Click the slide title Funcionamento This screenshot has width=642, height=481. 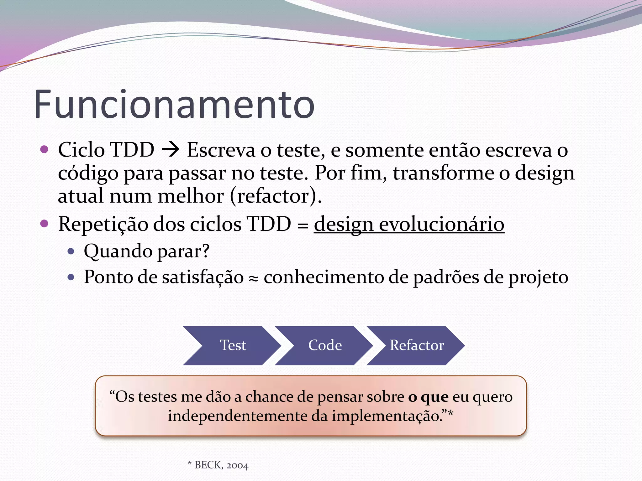(174, 105)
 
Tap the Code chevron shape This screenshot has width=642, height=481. (325, 345)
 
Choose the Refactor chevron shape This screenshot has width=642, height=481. (417, 345)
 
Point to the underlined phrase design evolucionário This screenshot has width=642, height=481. (409, 224)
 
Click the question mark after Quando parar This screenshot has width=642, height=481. (206, 251)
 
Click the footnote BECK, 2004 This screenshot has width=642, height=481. (221, 465)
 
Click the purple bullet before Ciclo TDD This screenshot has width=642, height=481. (45, 149)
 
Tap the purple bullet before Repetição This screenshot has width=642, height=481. (45, 224)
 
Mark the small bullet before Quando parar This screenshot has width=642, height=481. (71, 251)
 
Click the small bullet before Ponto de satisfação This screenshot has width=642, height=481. (71, 277)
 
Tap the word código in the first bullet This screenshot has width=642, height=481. (88, 173)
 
